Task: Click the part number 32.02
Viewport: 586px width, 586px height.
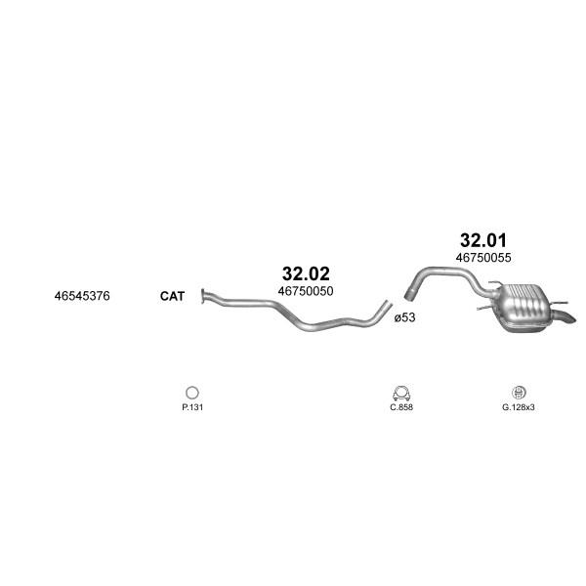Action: (306, 273)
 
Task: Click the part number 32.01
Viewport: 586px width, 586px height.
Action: (483, 240)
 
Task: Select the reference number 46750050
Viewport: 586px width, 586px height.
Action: (306, 291)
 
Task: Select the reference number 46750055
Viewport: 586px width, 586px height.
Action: (483, 258)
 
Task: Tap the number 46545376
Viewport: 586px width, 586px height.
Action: (82, 296)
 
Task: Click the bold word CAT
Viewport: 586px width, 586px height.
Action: (172, 296)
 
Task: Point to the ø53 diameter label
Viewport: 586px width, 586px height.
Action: (404, 317)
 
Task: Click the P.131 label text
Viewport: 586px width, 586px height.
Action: (192, 407)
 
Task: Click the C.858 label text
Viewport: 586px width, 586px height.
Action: (401, 407)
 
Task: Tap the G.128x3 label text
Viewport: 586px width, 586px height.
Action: (519, 407)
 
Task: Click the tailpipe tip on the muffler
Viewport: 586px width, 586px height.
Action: (567, 318)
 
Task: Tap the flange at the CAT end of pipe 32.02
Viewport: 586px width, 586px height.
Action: (203, 296)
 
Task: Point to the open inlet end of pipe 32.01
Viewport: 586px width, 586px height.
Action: (409, 294)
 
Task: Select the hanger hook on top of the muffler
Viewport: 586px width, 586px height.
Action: (495, 283)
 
